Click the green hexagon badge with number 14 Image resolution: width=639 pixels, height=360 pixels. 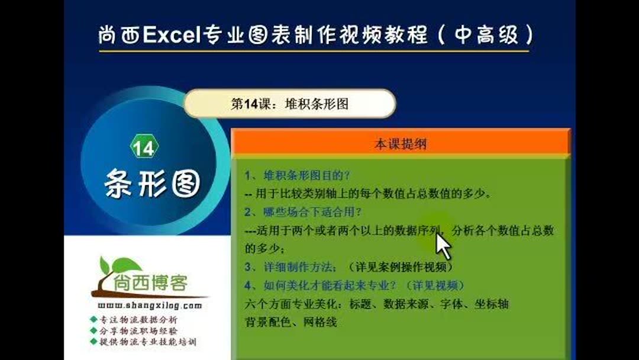(144, 148)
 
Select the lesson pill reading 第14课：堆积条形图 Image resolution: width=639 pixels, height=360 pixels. (289, 104)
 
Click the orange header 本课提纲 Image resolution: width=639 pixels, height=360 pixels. (401, 144)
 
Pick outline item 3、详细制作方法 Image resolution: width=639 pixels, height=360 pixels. (292, 266)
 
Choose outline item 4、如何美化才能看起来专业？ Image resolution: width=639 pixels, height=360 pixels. (319, 285)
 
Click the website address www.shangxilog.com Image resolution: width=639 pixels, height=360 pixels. (149, 306)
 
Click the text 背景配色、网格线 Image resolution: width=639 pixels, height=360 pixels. (291, 322)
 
